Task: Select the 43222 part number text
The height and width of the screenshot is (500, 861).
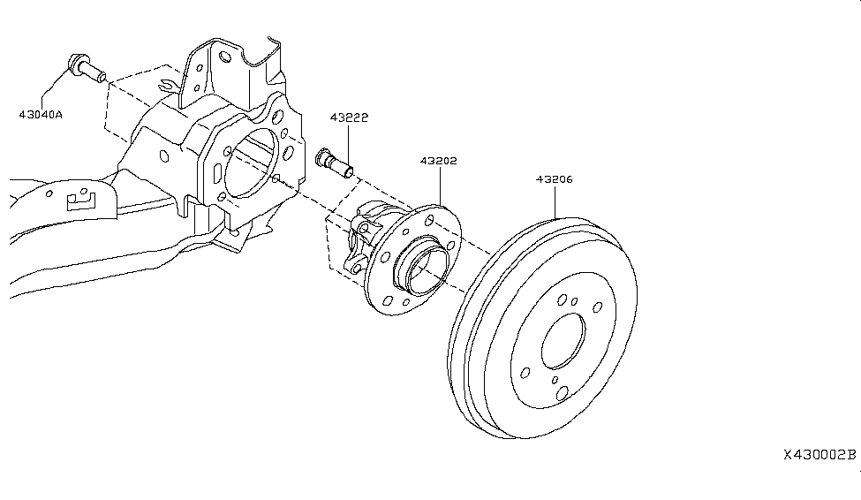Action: [x=349, y=117]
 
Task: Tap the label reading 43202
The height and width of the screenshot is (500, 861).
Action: [x=438, y=161]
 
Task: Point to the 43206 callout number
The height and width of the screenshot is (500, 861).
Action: [x=554, y=178]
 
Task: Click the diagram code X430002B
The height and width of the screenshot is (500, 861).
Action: [x=819, y=455]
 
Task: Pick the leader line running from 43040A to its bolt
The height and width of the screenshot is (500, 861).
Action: [x=56, y=88]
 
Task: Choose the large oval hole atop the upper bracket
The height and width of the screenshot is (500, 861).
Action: [x=226, y=57]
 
